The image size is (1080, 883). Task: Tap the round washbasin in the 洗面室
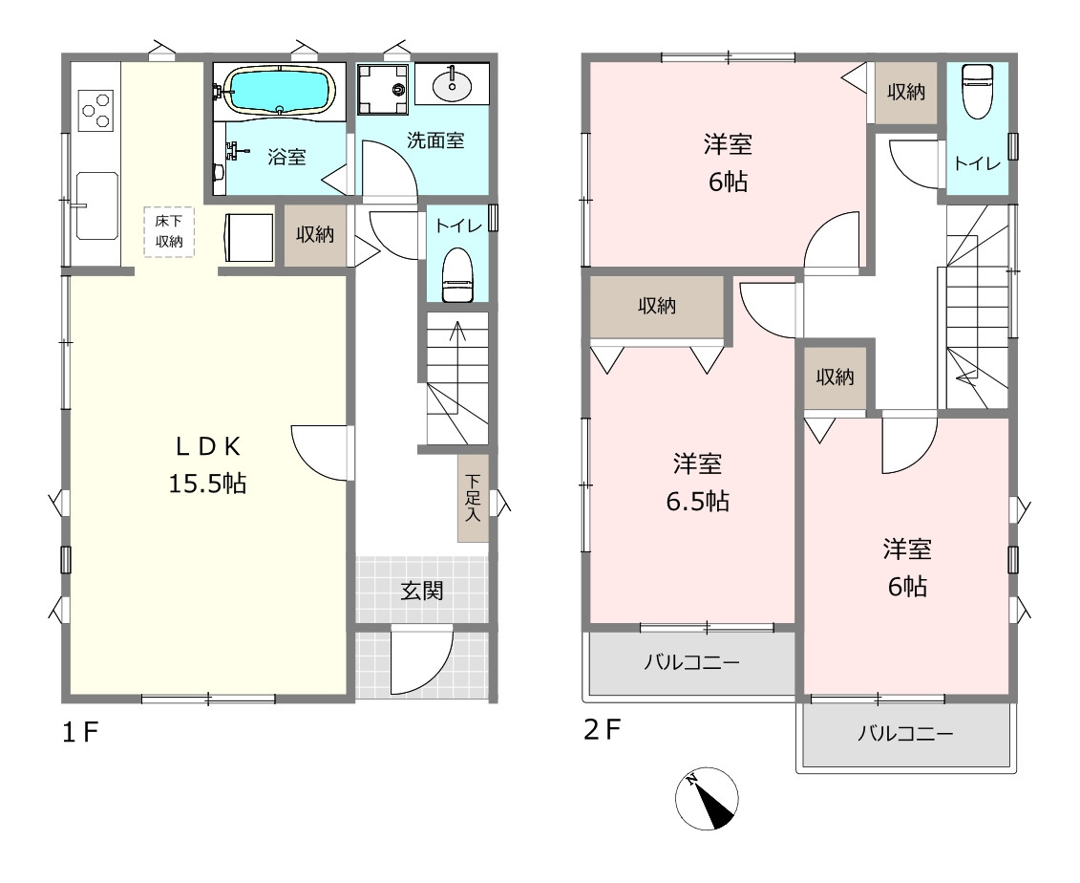[x=452, y=85]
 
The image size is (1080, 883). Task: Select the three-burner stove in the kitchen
[x=95, y=110]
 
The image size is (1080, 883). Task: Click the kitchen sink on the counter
[x=96, y=205]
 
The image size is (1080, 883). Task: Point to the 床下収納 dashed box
[x=169, y=231]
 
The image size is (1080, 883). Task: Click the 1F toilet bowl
[x=456, y=274]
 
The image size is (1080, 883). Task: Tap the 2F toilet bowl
[x=977, y=91]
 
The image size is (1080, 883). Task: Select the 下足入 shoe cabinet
[x=473, y=497]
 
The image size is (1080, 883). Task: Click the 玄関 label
[x=422, y=591]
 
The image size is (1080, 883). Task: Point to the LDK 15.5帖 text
[x=207, y=464]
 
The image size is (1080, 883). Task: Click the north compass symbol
[x=706, y=798]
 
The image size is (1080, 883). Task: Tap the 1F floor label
[x=80, y=732]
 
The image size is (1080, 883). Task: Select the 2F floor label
[x=603, y=729]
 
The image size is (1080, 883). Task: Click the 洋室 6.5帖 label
[x=697, y=481]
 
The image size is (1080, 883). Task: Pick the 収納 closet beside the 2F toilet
[x=906, y=93]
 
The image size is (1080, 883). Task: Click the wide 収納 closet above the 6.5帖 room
[x=656, y=307]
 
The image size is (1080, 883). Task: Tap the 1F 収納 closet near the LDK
[x=315, y=235]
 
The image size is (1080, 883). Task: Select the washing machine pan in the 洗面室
[x=382, y=90]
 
